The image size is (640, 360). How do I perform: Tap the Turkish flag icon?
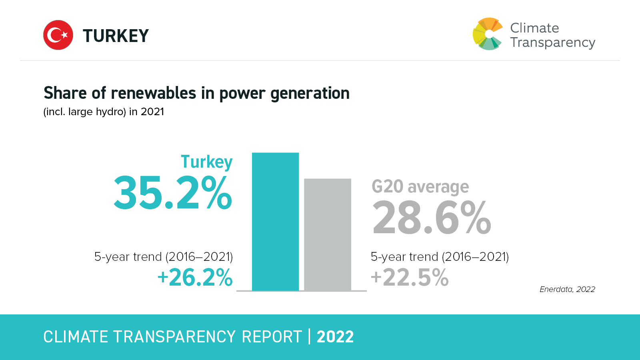pos(58,35)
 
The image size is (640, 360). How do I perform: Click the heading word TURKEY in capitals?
pos(116,36)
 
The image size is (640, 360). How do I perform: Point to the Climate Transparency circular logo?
pos(487,34)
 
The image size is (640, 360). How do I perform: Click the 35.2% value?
pos(173,193)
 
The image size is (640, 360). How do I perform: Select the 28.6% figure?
pos(431,218)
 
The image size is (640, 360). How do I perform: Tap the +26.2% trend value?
pos(195,278)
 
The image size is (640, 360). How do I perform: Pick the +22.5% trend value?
pos(410,278)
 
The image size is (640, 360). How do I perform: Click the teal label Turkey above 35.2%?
pos(206,162)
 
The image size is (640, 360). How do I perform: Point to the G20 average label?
pos(420,187)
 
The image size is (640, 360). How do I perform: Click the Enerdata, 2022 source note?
pos(567,289)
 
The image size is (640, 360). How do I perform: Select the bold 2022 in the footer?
pos(335,337)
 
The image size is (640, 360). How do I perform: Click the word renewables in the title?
pos(154,93)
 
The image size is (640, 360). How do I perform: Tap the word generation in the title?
pos(310,94)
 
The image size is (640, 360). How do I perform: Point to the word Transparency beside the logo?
pos(553,42)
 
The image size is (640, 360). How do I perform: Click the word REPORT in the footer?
pos(272,337)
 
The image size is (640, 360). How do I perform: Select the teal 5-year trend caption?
pos(163,257)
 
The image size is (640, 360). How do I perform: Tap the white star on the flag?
pos(64,35)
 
